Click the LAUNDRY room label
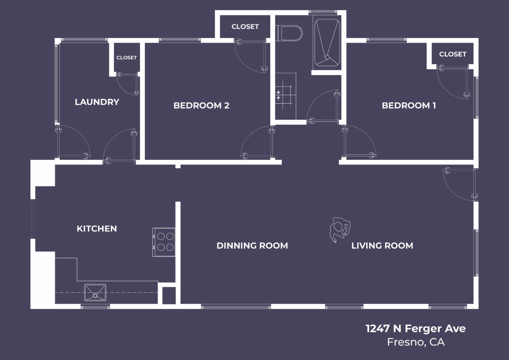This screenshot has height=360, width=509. [97, 102]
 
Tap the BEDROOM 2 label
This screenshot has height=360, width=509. [201, 105]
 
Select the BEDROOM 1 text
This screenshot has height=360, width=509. [409, 105]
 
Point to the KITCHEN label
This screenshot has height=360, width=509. [97, 229]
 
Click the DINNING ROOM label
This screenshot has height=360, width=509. [252, 246]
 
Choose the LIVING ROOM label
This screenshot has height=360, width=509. [382, 246]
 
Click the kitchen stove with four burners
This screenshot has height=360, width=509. [164, 242]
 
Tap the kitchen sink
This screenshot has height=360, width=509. [95, 293]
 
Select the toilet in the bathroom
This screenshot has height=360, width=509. [290, 33]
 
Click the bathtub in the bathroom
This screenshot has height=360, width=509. [327, 43]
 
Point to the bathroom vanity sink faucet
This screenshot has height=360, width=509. [279, 95]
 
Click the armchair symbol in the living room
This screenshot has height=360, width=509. [340, 229]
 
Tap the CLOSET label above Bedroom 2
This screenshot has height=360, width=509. [245, 26]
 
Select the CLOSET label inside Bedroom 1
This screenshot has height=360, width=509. [453, 54]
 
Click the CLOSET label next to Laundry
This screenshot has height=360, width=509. [127, 58]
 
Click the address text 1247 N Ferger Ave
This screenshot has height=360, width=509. [415, 328]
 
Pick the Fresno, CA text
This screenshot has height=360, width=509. [415, 342]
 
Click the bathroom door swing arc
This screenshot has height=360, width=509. [322, 105]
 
